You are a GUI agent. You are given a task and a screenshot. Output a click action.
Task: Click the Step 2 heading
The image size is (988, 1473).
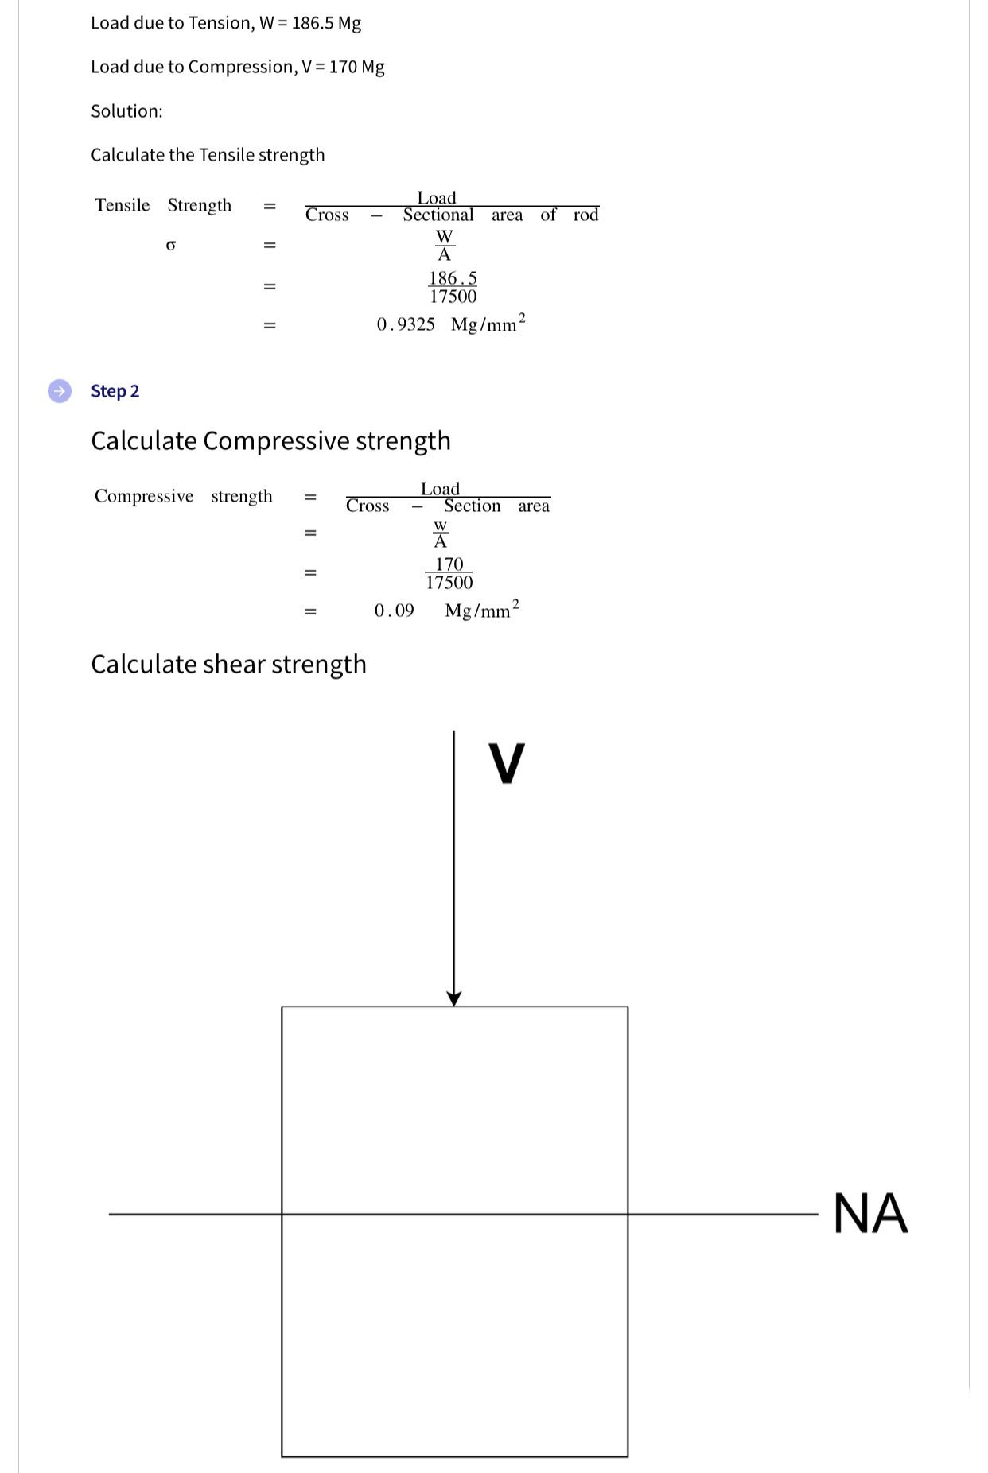pyautogui.click(x=115, y=391)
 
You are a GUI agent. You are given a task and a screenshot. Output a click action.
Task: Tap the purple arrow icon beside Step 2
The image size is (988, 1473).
pyautogui.click(x=60, y=391)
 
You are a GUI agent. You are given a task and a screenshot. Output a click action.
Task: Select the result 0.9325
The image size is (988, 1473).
pyautogui.click(x=406, y=324)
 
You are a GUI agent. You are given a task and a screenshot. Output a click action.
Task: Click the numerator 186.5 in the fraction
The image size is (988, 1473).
pyautogui.click(x=453, y=278)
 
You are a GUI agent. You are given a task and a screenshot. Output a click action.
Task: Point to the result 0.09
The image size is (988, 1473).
pyautogui.click(x=395, y=611)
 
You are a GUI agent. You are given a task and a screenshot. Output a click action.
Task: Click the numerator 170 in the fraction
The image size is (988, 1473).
pyautogui.click(x=449, y=564)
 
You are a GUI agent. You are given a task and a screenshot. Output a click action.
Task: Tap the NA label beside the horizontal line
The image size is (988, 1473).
pyautogui.click(x=871, y=1213)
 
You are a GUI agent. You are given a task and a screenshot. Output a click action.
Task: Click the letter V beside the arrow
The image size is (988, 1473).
pyautogui.click(x=506, y=763)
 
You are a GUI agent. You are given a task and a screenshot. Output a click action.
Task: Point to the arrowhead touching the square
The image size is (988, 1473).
pyautogui.click(x=454, y=998)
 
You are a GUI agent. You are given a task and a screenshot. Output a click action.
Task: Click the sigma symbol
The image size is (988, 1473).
pyautogui.click(x=170, y=246)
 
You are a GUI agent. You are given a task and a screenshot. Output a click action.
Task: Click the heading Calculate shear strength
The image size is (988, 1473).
pyautogui.click(x=228, y=664)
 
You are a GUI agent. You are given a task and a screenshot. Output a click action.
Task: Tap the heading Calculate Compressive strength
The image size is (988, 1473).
pyautogui.click(x=270, y=440)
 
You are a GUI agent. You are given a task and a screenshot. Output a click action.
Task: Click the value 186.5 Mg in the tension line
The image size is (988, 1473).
pyautogui.click(x=326, y=23)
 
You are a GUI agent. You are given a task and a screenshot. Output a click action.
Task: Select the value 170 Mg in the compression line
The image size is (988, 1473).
pyautogui.click(x=356, y=67)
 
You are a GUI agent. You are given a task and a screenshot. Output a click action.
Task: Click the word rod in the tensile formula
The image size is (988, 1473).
pyautogui.click(x=585, y=215)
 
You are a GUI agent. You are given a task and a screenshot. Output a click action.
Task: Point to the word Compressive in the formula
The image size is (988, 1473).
pyautogui.click(x=144, y=496)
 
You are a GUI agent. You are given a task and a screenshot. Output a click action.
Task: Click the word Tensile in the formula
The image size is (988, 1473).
pyautogui.click(x=123, y=205)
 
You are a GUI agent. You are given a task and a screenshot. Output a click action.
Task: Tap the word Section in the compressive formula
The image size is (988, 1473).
pyautogui.click(x=473, y=506)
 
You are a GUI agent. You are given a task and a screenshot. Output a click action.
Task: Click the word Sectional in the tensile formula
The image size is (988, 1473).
pyautogui.click(x=438, y=215)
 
